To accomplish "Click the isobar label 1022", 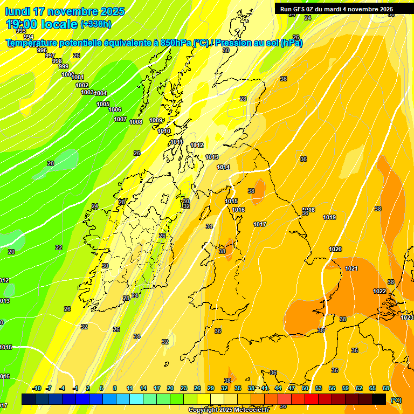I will click(379, 291).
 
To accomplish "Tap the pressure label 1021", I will click(351, 268).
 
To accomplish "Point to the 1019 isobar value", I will click(329, 217).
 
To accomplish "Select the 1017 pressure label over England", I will click(260, 224).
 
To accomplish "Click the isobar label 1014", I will click(223, 167).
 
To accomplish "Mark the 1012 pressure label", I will click(197, 145).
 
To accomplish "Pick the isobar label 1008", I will click(136, 122).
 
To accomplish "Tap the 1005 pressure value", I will click(103, 104).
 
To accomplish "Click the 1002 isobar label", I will click(82, 85).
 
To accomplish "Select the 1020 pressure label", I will click(335, 249).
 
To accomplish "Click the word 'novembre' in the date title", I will click(73, 11).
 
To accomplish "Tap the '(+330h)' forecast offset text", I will click(96, 24).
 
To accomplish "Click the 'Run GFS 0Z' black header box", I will click(336, 9).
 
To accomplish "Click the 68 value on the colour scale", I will click(386, 388).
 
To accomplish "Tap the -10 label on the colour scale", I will click(37, 388).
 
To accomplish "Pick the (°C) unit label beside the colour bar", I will click(396, 399).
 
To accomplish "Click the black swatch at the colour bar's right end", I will click(379, 399).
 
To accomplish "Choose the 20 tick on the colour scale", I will click(170, 388).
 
